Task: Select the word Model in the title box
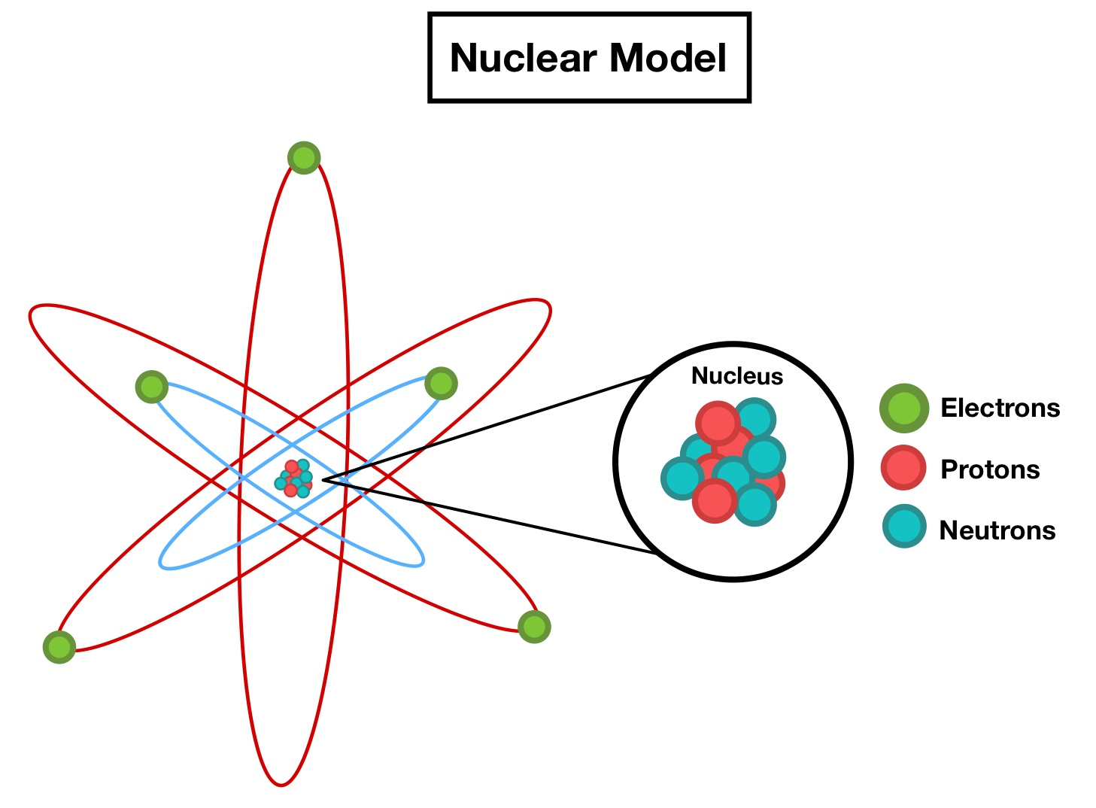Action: (x=668, y=58)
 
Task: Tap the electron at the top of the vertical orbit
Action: (x=304, y=158)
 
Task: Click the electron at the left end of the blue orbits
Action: (x=151, y=387)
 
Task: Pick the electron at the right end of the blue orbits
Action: (x=441, y=384)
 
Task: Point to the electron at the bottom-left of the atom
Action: (x=59, y=647)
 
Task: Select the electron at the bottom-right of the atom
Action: (x=534, y=626)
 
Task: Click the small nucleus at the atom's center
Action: (x=294, y=478)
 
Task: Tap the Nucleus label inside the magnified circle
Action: (x=736, y=376)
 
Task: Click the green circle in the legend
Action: (x=903, y=408)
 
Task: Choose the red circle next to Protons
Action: (x=903, y=468)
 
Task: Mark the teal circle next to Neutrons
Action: (x=903, y=526)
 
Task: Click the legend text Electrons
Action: (x=1000, y=408)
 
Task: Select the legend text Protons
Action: (x=990, y=469)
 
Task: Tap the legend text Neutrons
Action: (x=997, y=530)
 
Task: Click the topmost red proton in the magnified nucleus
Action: (x=717, y=423)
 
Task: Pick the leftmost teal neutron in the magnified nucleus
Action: (x=682, y=478)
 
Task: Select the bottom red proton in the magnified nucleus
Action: (x=714, y=500)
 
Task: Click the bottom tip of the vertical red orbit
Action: (x=281, y=785)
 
